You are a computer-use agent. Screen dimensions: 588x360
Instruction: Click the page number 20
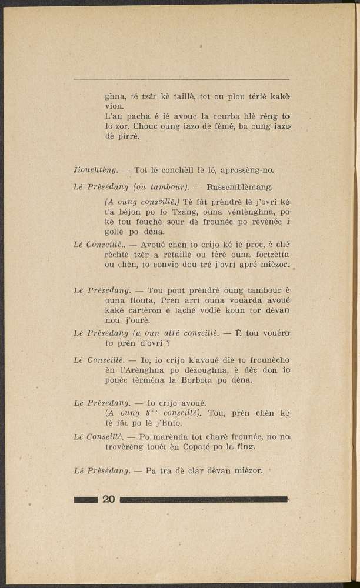108,500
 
